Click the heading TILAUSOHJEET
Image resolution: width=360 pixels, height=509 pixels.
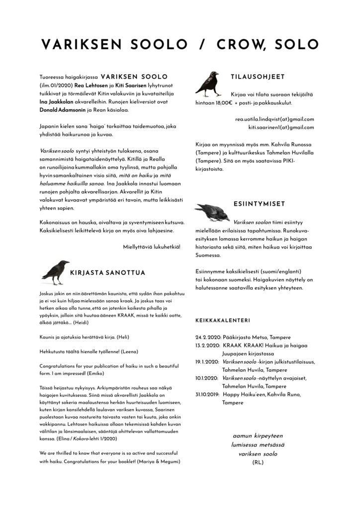(x=258, y=77)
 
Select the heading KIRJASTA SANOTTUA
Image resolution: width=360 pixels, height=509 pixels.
(x=107, y=272)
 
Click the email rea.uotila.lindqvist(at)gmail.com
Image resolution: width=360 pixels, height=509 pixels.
(x=274, y=119)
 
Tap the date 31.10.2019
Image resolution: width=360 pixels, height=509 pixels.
(x=207, y=394)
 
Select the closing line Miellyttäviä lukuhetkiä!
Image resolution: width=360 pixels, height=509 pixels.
(x=152, y=247)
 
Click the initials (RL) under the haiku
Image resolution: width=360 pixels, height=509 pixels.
(x=257, y=462)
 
